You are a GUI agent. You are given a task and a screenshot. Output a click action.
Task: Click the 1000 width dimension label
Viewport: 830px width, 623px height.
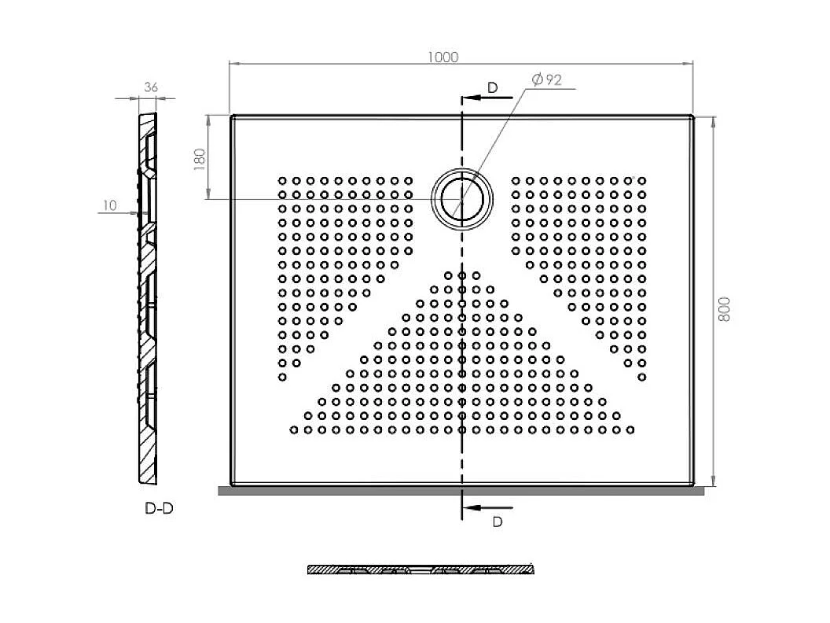point(443,57)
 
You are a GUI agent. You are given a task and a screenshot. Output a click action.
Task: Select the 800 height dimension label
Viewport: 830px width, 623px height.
point(724,309)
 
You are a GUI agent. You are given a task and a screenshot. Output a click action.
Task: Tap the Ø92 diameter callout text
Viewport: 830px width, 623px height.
point(547,80)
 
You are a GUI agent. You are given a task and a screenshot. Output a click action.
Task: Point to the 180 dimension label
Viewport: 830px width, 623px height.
point(200,159)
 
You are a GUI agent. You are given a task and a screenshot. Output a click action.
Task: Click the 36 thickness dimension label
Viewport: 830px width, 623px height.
point(151,87)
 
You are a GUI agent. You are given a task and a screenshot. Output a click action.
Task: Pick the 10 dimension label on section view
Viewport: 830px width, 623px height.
point(109,205)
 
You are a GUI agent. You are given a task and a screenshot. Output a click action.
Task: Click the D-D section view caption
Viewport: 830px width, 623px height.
point(159,509)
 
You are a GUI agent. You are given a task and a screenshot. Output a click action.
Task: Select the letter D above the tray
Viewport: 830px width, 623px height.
point(493,88)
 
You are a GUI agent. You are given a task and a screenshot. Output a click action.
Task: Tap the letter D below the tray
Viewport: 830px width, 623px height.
point(497,522)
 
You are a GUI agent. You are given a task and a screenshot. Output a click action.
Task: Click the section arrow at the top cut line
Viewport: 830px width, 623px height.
point(487,98)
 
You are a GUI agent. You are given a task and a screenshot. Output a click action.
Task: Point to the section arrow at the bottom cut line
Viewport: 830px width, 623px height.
point(487,507)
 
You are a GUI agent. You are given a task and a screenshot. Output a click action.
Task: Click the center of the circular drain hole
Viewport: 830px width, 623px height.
point(462,199)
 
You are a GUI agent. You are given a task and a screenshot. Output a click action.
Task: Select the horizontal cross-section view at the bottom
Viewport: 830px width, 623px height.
point(421,570)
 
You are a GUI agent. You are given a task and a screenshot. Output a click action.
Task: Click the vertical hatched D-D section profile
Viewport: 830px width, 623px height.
point(148,298)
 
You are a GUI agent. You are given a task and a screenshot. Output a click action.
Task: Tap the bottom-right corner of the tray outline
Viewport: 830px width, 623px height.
point(692,485)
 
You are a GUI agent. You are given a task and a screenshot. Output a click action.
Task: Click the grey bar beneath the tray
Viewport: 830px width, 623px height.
point(461,491)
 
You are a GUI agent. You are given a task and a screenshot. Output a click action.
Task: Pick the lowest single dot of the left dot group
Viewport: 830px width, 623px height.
point(282,378)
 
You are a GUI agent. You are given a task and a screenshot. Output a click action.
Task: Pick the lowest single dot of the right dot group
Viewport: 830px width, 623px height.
point(642,378)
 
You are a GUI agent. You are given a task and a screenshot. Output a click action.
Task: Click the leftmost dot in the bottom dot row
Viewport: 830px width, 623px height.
point(294,429)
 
